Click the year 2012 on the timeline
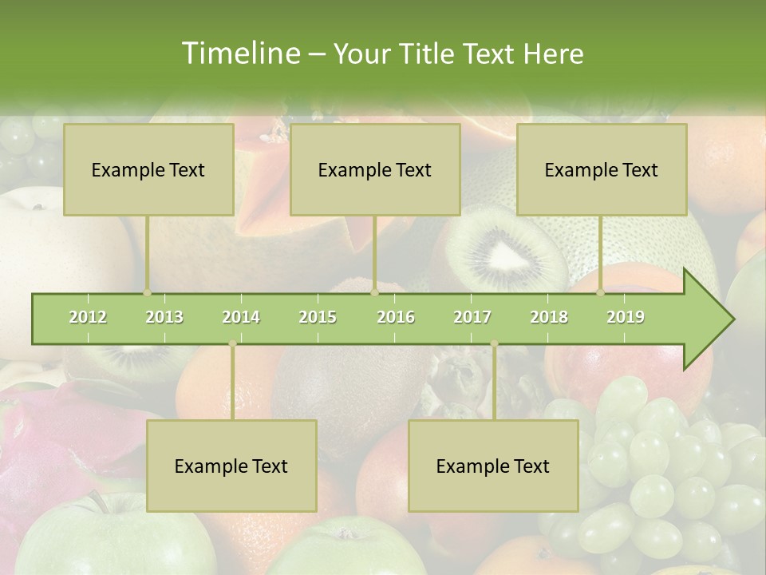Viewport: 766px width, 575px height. point(88,317)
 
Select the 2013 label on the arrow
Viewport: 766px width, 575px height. point(164,317)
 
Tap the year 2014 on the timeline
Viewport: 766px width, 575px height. point(241,317)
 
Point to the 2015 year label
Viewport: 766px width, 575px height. point(318,317)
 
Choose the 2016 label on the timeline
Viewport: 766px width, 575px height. point(396,317)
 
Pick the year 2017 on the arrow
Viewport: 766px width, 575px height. point(472,317)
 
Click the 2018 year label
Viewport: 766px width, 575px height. point(549,317)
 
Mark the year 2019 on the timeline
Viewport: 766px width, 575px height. point(626,317)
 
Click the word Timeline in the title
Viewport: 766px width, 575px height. point(239,54)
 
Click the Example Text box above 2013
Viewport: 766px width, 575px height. point(148,169)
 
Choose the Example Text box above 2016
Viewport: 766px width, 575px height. point(375,169)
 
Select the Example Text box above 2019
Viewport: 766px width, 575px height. point(602,169)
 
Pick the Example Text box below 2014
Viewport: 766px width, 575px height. point(231,466)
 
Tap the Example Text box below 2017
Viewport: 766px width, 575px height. point(493,466)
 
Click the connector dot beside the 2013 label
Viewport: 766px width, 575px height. point(147,292)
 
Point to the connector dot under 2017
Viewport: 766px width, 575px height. point(494,344)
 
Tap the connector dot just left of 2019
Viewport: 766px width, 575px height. point(601,292)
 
